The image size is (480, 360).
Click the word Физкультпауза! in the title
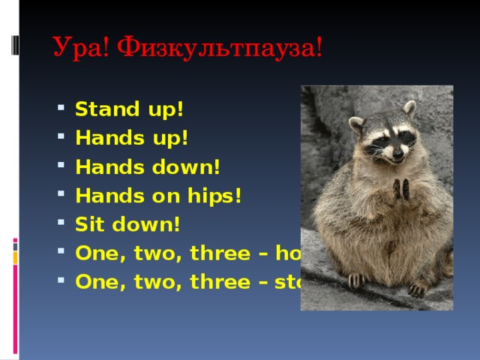coord(221,49)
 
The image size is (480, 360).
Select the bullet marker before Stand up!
coord(61,109)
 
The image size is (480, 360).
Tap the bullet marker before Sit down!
coord(61,225)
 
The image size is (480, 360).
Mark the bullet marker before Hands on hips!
coord(61,196)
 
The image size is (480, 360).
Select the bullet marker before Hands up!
coord(61,139)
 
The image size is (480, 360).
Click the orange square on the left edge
coord(15,259)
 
